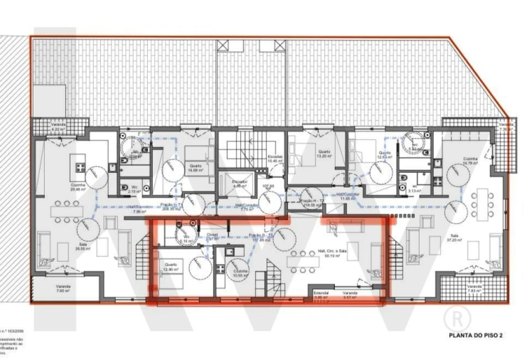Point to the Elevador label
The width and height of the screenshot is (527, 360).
coord(240,182)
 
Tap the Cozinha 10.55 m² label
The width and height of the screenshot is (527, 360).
coord(240,272)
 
